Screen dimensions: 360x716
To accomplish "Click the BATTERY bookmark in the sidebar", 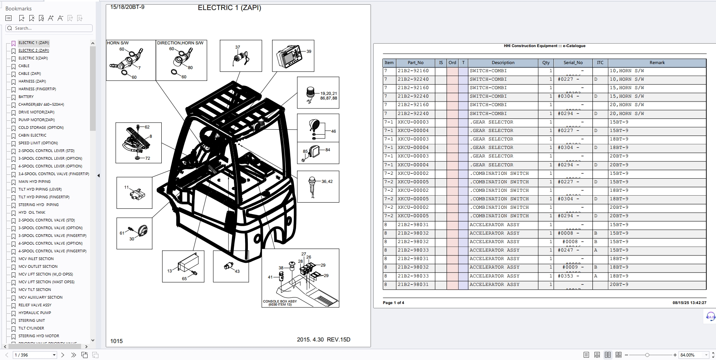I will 26,97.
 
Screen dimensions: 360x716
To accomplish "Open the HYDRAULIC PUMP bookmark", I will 34,313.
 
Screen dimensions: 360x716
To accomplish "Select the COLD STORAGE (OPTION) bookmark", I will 41,128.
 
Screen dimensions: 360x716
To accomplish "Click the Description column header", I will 503,63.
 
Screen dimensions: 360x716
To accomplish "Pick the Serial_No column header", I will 573,63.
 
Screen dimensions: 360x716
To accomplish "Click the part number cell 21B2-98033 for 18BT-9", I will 413,276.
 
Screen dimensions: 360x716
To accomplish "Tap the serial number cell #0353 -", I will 568,276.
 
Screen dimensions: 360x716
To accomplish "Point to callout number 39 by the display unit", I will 309,51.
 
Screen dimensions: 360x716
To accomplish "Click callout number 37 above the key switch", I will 237,47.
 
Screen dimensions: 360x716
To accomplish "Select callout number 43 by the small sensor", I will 237,271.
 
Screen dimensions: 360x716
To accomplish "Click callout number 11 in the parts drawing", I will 127,187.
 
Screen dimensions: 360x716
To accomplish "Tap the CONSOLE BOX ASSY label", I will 280,301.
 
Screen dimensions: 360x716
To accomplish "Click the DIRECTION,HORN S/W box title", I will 180,43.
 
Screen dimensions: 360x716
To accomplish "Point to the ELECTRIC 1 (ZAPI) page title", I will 229,8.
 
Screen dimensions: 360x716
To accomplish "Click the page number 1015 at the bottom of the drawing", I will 116,341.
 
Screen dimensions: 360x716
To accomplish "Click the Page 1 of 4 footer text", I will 393,303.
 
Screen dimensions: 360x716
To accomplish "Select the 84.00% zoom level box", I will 691,355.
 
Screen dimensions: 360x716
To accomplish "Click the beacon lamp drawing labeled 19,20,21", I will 311,93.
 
